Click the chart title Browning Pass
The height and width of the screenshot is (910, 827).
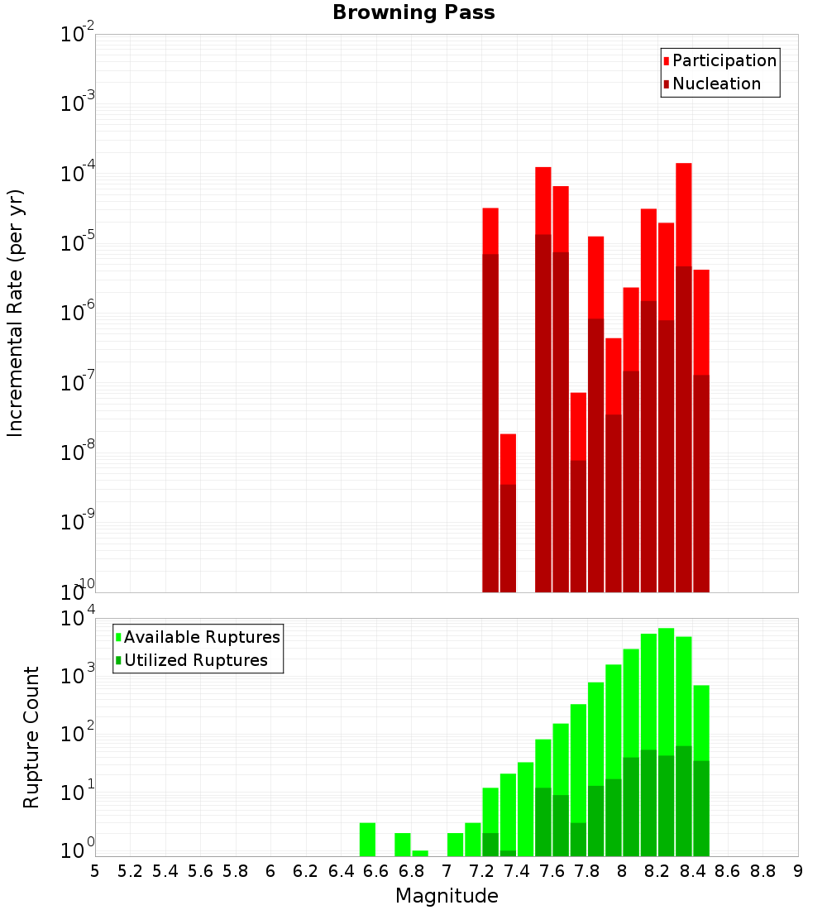pos(413,12)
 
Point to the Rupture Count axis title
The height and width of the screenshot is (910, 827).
pos(31,736)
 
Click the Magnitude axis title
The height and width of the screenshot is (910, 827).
pos(447,896)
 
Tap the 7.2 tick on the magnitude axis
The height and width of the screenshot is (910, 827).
pos(481,871)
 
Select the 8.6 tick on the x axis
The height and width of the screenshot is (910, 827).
pos(728,871)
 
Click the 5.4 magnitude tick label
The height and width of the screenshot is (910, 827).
pos(165,871)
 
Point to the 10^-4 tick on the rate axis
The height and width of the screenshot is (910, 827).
pos(78,174)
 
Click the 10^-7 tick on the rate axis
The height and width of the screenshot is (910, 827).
pos(78,383)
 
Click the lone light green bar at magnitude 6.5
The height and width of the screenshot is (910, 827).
pos(367,840)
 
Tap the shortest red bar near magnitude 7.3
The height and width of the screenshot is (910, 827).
pos(508,459)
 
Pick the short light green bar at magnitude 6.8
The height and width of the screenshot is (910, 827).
pos(420,853)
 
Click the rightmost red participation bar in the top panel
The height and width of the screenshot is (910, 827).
pos(701,323)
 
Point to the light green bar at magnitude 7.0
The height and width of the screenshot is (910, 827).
pos(455,845)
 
